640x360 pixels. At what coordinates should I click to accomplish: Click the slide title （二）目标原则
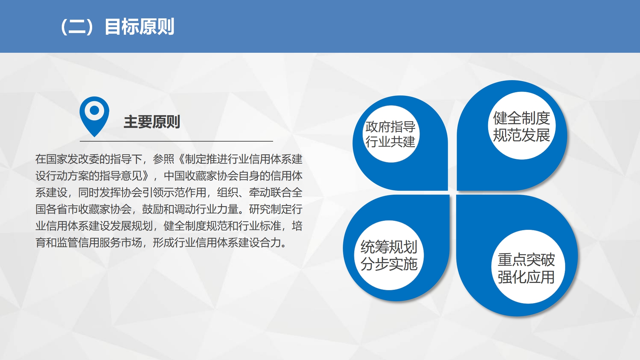117,27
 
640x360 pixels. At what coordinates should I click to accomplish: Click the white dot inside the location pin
94,110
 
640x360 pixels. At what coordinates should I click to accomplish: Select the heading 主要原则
152,122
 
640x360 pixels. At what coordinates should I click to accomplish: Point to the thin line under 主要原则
176,141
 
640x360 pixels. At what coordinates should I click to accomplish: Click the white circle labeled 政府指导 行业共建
390,134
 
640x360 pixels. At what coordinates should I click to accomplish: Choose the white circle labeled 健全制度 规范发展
521,126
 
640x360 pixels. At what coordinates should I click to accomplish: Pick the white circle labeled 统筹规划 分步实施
389,255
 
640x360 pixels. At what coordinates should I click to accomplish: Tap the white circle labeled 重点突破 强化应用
528,267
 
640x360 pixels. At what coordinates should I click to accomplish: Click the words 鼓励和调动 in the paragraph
169,209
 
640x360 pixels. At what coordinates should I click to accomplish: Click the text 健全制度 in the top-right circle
521,118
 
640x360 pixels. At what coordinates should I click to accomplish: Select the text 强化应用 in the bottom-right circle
526,277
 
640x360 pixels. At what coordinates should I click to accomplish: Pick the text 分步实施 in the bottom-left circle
389,264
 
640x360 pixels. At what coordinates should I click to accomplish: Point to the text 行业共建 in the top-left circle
390,142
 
